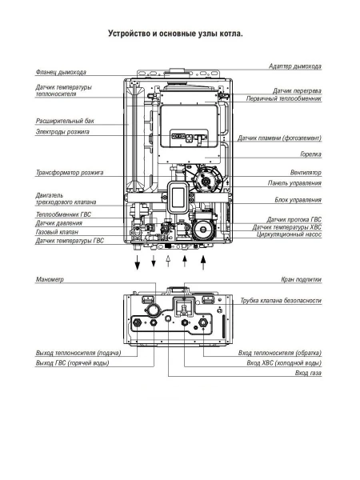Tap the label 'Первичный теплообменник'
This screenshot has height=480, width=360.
click(282, 98)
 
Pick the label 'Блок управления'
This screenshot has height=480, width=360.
click(298, 199)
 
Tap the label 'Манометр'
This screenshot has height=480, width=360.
click(50, 280)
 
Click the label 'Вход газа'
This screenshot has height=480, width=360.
click(308, 374)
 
